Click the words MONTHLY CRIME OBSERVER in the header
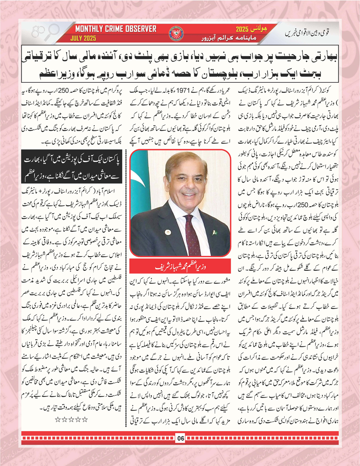[116, 29]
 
